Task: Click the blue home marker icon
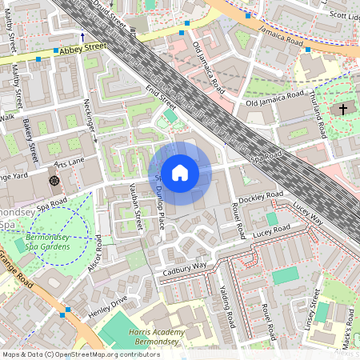180,172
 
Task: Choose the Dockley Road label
262,196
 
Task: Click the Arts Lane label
69,163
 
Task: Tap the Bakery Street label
30,139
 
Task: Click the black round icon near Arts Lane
54,181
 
